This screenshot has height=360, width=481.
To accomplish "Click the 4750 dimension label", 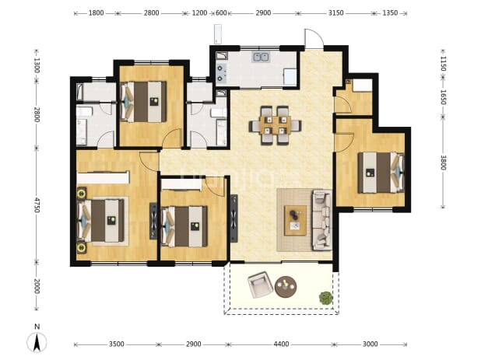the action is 37,205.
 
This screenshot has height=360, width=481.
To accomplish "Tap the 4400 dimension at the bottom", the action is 281,344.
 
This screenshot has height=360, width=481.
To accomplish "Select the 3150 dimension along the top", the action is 335,13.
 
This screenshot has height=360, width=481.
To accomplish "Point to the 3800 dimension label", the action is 443,163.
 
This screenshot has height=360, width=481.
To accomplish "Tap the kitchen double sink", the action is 261,57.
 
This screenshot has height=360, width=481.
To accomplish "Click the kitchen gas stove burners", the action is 220,74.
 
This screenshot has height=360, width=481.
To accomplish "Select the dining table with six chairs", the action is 276,124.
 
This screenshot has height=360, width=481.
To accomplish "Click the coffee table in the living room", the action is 296,220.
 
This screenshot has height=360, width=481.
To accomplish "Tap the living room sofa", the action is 322,219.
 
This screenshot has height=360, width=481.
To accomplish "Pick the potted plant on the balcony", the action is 325,298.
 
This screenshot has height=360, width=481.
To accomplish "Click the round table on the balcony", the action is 286,287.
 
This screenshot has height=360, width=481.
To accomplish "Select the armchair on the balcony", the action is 261,285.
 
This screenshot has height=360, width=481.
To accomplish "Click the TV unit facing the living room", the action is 234,218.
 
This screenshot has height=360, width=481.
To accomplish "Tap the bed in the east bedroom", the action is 381,173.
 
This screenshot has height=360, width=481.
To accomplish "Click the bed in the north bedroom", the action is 144,102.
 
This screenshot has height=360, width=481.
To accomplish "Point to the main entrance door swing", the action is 314,38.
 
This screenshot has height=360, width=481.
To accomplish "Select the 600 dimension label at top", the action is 221,13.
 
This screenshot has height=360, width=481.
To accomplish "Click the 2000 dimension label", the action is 37,286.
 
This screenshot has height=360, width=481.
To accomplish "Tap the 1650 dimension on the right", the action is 443,97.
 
